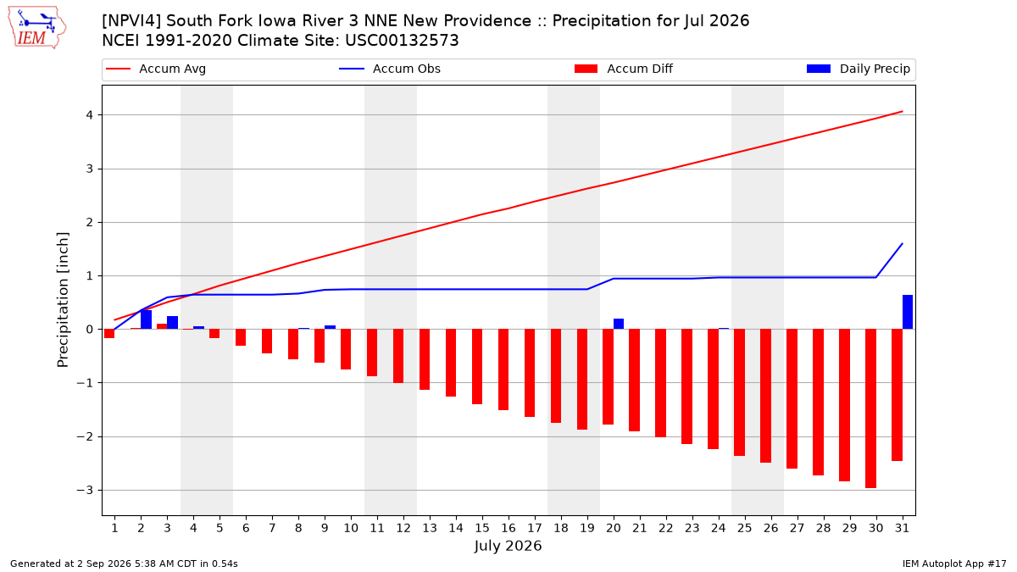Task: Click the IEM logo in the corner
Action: [37, 28]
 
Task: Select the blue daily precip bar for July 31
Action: [907, 312]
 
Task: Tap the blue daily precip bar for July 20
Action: [619, 324]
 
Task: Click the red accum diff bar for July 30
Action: [870, 408]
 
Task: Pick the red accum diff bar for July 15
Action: [476, 366]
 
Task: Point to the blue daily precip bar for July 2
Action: [146, 319]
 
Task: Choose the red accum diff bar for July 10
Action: [346, 349]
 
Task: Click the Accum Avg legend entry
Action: [156, 69]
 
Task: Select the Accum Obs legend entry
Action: [390, 69]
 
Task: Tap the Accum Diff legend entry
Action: [624, 69]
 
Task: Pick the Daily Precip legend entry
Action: [858, 69]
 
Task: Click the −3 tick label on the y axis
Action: [85, 491]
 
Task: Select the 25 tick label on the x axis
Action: [745, 528]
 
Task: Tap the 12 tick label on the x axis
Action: [403, 528]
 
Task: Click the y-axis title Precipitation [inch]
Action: [63, 300]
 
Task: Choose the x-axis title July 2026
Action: [508, 546]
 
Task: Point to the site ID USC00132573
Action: [402, 41]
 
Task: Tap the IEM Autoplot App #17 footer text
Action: [954, 564]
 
